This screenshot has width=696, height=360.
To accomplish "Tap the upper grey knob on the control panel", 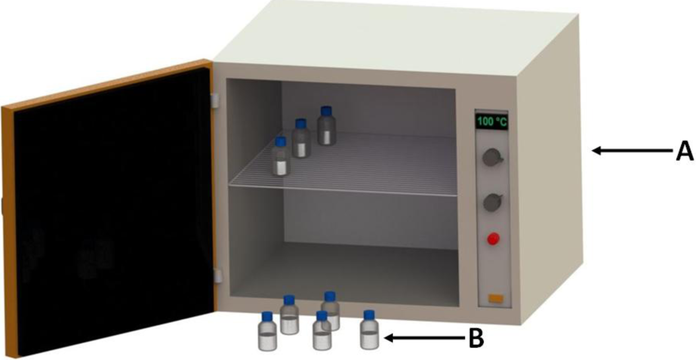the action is [492, 158].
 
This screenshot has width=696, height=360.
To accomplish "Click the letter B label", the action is [475, 339].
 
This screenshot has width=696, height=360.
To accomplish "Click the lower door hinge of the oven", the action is [217, 276].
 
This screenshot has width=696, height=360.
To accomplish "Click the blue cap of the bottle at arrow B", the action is [369, 315].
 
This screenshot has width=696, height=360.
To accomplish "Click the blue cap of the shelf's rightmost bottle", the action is [325, 111].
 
